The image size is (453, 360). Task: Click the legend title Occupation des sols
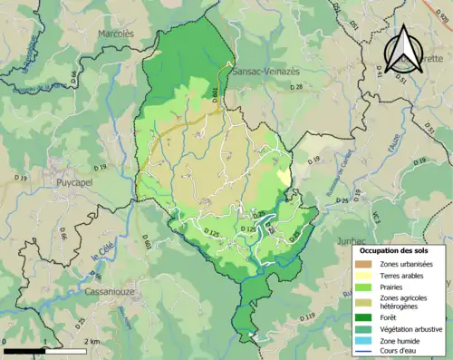pos(400,248)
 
